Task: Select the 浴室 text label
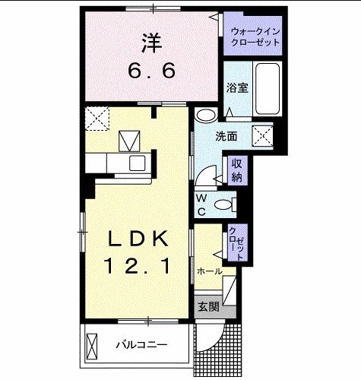click(x=236, y=88)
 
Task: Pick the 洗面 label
click(x=225, y=138)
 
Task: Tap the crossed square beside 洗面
click(x=263, y=135)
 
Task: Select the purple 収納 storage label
click(x=236, y=171)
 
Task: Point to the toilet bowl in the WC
click(x=224, y=204)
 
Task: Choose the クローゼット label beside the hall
click(x=236, y=244)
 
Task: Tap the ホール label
click(x=209, y=271)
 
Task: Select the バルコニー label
click(x=141, y=344)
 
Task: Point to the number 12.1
click(x=137, y=265)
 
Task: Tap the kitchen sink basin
click(x=139, y=163)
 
